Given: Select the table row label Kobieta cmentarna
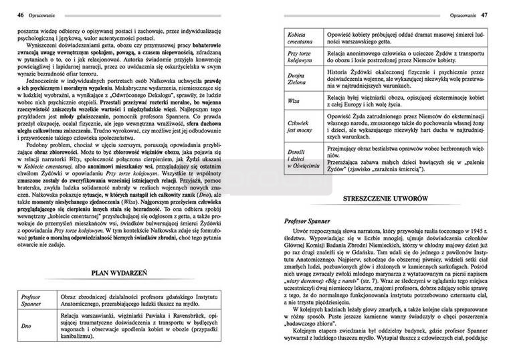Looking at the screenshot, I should pos(300,37).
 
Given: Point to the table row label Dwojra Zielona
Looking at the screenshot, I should pos(298,80).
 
